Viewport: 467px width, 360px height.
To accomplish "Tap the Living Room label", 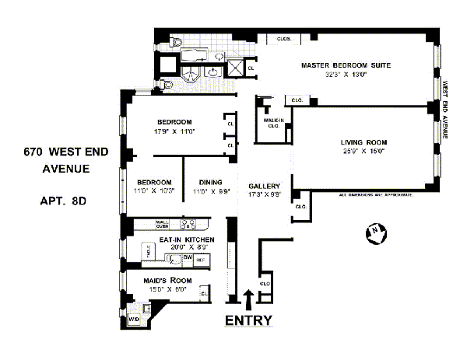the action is pyautogui.click(x=363, y=142).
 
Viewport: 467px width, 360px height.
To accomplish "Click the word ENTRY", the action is pyautogui.click(x=248, y=320).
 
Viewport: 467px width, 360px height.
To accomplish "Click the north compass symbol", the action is pyautogui.click(x=374, y=231).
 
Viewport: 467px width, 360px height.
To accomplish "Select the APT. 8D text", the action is pyautogui.click(x=62, y=201).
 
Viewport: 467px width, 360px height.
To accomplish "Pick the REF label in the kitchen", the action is pyautogui.click(x=199, y=259).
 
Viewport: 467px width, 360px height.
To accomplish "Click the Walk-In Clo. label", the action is pyautogui.click(x=272, y=124).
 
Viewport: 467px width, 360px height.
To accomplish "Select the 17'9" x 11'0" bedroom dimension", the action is pyautogui.click(x=174, y=132).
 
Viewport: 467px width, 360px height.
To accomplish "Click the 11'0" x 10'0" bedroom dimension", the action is pyautogui.click(x=153, y=191).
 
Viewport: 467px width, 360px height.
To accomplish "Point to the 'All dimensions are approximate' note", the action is pyautogui.click(x=376, y=195).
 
